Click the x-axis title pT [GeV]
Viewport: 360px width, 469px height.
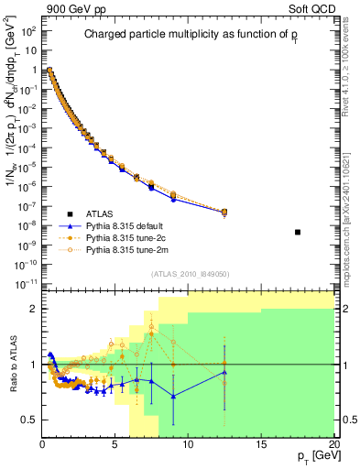coord(309,456)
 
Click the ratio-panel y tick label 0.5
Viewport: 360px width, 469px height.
coord(28,420)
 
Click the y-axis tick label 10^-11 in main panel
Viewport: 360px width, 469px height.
coord(27,283)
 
